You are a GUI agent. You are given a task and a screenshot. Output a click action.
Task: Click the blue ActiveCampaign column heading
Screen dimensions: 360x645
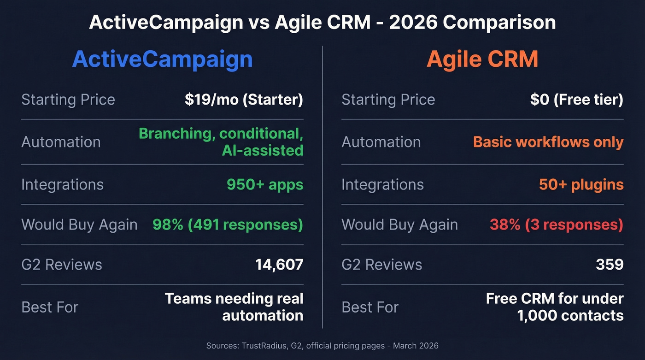[x=162, y=59]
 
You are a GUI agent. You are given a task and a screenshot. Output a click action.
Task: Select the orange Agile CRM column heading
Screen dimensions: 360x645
[x=482, y=59]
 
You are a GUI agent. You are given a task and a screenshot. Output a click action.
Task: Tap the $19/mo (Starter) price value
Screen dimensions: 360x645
[x=244, y=100]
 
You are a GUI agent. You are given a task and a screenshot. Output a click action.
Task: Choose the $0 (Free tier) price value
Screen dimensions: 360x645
[x=576, y=100]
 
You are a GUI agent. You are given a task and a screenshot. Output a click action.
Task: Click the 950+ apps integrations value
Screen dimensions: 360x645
[x=265, y=185]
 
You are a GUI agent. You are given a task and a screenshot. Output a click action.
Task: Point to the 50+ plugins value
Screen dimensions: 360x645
[x=581, y=185]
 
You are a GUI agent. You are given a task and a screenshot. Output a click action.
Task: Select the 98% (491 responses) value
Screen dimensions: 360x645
[x=228, y=224]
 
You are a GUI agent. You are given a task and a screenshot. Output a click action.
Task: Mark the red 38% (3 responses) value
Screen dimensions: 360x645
[x=556, y=224]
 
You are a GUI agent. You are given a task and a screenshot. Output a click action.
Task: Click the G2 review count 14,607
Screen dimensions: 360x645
[x=279, y=265]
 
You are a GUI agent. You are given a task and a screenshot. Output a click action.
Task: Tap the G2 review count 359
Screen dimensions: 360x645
[x=610, y=265]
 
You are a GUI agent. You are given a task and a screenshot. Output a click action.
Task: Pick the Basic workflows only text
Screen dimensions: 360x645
[x=548, y=142]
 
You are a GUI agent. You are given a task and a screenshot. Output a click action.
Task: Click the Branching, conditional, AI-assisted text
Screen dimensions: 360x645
[x=221, y=142]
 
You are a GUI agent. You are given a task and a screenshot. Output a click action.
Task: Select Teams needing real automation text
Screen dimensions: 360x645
[x=234, y=307]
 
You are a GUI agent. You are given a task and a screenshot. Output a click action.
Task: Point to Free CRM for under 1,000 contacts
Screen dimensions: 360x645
[x=555, y=307]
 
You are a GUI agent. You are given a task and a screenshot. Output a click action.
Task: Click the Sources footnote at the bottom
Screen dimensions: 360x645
[x=322, y=346]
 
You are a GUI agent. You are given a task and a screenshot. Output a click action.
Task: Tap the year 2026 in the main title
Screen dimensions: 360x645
[x=413, y=23]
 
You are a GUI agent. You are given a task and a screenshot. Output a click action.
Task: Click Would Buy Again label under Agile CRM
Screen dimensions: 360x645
[x=399, y=225]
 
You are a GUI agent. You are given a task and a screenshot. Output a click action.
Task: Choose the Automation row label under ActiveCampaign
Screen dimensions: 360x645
[x=61, y=142]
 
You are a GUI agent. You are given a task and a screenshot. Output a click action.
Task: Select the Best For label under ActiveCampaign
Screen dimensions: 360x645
[x=50, y=307]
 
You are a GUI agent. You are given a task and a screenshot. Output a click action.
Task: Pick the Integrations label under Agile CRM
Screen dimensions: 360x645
[x=382, y=185]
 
